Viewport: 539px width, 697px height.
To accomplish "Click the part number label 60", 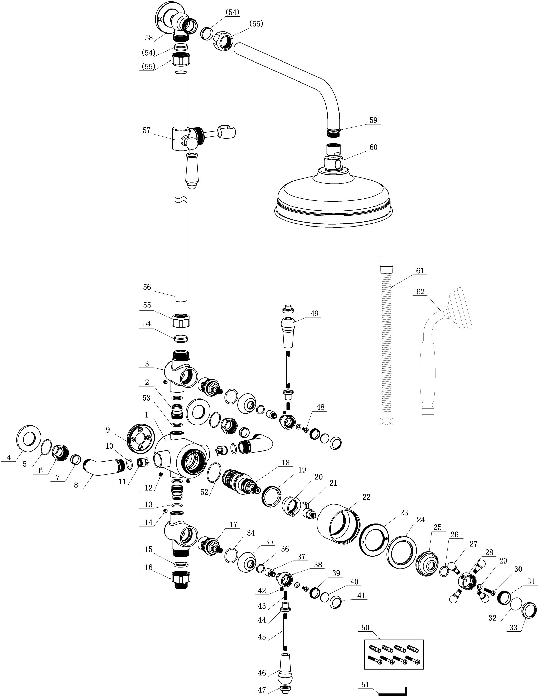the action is [373, 147].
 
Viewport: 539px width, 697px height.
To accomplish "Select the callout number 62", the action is [421, 291].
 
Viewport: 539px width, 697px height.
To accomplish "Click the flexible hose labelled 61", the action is [386, 340].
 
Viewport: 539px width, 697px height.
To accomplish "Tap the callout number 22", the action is [366, 497].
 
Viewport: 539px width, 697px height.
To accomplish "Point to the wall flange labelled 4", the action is [29, 439].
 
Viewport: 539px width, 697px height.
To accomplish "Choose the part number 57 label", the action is [147, 130].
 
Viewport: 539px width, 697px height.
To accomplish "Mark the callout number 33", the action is [513, 628].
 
